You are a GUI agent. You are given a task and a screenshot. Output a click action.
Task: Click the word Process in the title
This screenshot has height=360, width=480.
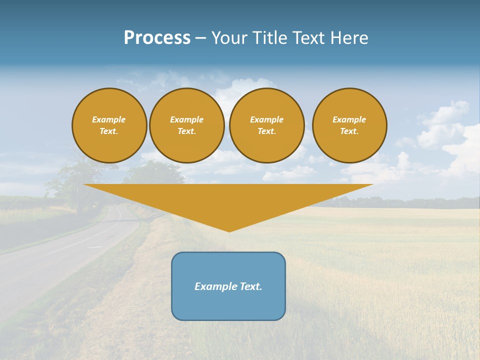point(157,38)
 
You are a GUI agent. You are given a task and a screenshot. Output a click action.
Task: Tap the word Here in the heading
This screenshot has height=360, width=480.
point(348,38)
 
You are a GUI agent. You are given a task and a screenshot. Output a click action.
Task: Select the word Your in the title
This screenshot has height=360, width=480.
point(229,38)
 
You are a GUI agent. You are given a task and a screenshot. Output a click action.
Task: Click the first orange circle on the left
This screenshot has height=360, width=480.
point(109,125)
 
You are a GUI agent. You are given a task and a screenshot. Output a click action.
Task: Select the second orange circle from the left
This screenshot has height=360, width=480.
point(187,125)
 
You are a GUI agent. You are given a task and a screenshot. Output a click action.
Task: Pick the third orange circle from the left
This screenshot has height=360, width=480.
point(267,125)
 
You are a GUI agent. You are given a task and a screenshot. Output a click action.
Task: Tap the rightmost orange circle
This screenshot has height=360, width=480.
point(349,125)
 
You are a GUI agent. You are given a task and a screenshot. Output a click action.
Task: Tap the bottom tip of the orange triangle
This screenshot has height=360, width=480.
point(229,230)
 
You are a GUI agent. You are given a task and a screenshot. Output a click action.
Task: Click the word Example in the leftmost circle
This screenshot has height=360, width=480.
point(109,119)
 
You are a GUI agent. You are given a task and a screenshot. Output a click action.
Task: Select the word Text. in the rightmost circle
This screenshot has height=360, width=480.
point(349,131)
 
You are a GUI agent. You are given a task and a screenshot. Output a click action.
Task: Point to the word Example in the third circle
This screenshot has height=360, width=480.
point(267,119)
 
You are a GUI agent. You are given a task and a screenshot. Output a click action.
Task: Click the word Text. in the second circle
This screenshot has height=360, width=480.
point(187,131)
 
